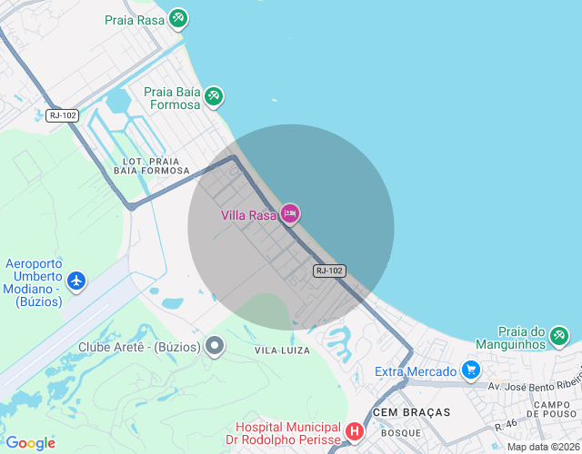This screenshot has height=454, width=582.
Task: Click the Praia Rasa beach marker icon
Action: tap(178, 18)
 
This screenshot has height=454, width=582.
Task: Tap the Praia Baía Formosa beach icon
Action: tap(214, 95)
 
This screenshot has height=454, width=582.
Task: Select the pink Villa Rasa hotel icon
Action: tap(290, 214)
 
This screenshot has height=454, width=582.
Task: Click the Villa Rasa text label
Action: tap(248, 215)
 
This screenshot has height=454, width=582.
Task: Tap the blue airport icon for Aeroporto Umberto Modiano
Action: tap(76, 281)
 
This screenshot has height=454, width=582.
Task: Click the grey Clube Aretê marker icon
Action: tap(215, 346)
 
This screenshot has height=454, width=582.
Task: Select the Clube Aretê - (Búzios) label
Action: tap(139, 347)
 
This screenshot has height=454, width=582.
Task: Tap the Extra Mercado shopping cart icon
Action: tap(470, 370)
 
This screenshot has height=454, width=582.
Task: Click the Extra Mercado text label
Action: tap(416, 371)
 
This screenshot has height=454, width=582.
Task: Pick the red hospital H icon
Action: tap(355, 432)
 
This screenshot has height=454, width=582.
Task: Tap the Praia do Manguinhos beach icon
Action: tap(558, 338)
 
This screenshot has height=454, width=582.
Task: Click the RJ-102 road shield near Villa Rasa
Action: tap(329, 271)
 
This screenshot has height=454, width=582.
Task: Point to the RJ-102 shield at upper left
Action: tap(63, 115)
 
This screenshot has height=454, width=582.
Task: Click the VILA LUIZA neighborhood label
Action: tap(282, 350)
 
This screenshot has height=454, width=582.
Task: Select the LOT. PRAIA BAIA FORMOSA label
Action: tap(152, 165)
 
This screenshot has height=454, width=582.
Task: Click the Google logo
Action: tap(30, 443)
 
